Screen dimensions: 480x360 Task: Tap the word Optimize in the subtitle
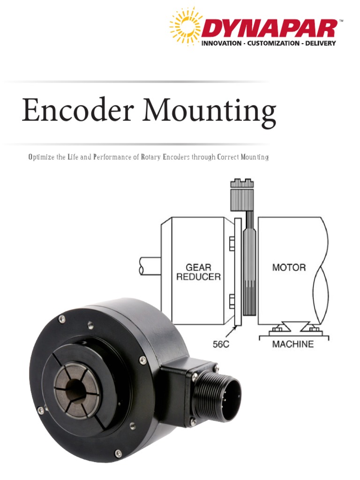[41, 157]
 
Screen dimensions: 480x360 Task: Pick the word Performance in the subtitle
[115, 157]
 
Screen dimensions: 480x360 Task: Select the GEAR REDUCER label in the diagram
[198, 272]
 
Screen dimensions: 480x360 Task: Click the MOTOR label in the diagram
[289, 268]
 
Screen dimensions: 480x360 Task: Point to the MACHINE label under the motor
[293, 344]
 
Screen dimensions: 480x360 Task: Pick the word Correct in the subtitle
[227, 157]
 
